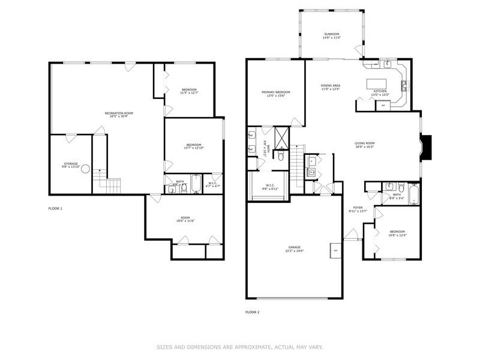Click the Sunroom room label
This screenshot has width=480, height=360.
point(332,35)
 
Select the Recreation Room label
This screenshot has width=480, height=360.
point(119,113)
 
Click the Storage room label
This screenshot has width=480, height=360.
point(71,165)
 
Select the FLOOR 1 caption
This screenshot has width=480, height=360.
point(55,208)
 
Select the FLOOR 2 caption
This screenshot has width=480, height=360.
point(253,312)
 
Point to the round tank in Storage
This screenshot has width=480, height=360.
point(86,170)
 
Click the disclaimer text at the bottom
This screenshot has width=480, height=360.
point(240,346)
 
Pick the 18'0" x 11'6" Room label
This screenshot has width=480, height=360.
point(184,220)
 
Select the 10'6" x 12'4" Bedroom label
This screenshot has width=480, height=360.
point(397,233)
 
